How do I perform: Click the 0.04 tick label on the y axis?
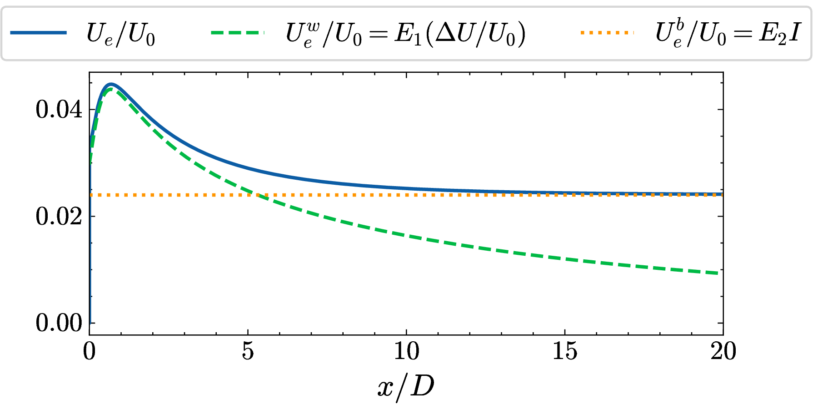(59, 110)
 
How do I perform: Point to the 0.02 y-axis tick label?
(59, 217)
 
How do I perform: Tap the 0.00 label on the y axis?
(59, 324)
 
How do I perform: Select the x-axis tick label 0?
(90, 351)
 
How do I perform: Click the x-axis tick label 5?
(248, 351)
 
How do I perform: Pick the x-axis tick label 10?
(406, 351)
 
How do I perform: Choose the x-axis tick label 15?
(564, 351)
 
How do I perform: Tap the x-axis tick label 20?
(723, 351)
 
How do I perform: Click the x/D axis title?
(406, 387)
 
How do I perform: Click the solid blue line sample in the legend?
(38, 33)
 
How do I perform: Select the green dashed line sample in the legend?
(237, 33)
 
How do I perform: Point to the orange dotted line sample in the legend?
(607, 33)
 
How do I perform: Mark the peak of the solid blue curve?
(110, 84)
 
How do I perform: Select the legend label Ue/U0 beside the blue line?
(121, 34)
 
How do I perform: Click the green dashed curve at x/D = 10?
(406, 237)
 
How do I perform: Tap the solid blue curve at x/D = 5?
(248, 169)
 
